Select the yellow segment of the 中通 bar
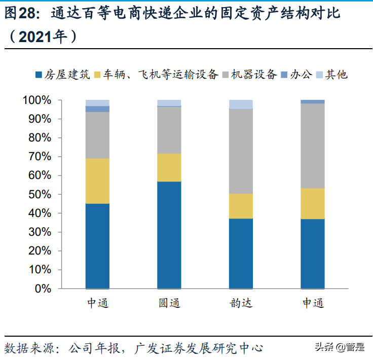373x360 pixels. coord(97,181)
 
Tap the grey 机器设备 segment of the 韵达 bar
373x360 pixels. coord(241,151)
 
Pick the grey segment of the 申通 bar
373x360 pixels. coord(313,146)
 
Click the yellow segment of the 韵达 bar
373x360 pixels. coord(241,206)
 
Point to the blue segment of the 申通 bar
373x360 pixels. coord(313,254)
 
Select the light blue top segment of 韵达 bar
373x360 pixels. coord(241,104)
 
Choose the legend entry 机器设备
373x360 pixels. coord(253,75)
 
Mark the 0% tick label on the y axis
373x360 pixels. coord(44,289)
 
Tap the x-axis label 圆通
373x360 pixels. coord(169,304)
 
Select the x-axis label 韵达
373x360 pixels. coord(241,304)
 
